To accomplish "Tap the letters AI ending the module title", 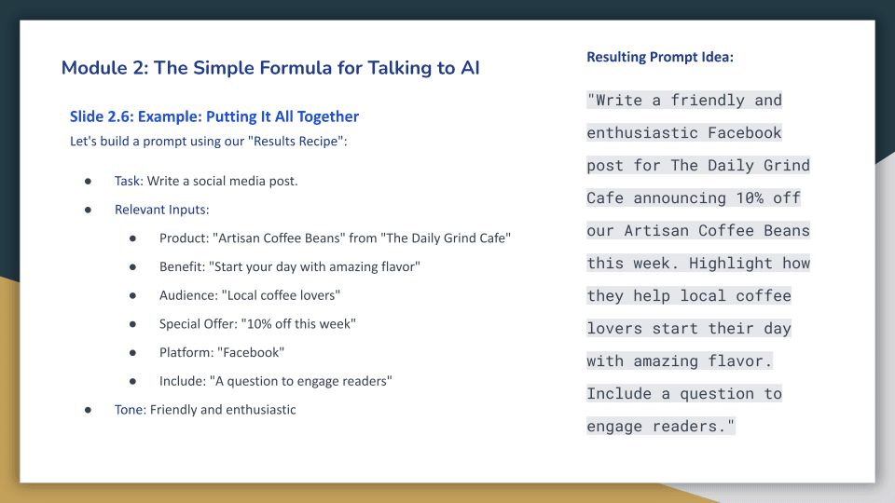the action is click(x=470, y=68).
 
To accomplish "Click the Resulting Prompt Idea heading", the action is click(x=660, y=57).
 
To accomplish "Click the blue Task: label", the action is click(x=129, y=181).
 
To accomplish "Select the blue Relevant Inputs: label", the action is click(x=162, y=210).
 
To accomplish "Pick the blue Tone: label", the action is click(x=131, y=410).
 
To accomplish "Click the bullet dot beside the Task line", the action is click(x=88, y=182).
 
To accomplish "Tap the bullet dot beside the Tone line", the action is click(x=88, y=410).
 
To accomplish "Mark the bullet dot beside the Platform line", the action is click(x=132, y=353).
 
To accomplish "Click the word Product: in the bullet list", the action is click(x=185, y=238).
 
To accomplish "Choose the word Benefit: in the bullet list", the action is click(x=182, y=266).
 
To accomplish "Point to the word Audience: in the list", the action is click(x=188, y=295).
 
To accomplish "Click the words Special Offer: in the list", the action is click(x=198, y=323).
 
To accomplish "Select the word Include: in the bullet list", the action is click(x=183, y=380).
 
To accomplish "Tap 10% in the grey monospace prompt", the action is click(x=750, y=197).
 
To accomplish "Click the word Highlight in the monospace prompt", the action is click(x=731, y=263).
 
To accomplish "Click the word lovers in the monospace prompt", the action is click(x=614, y=329).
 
